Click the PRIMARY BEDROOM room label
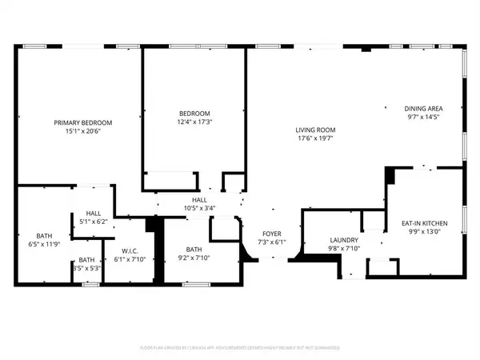[x=82, y=122]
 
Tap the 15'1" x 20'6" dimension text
[x=82, y=131]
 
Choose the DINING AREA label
[x=423, y=108]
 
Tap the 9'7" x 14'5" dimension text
[x=423, y=117]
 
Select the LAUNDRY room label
[x=344, y=240]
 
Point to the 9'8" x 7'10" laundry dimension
[x=344, y=249]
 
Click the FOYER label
[x=270, y=234]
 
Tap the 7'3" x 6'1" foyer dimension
[x=270, y=242]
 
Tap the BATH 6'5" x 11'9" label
[x=43, y=239]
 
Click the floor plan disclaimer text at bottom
[x=240, y=350]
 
